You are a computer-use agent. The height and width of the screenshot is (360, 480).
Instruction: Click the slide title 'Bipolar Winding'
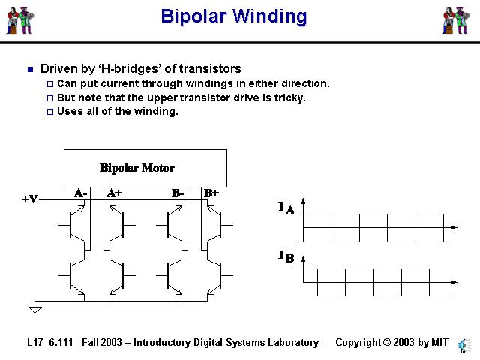[x=233, y=16]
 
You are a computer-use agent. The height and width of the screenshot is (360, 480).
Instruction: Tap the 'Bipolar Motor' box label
[x=137, y=167]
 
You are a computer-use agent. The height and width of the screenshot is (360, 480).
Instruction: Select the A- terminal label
[x=81, y=193]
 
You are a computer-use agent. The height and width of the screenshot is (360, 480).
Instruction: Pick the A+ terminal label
[x=114, y=193]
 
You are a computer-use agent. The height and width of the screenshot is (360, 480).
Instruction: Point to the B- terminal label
[x=178, y=193]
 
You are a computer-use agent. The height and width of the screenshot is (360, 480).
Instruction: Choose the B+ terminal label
[x=211, y=193]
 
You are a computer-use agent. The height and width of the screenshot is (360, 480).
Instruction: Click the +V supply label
[x=29, y=199]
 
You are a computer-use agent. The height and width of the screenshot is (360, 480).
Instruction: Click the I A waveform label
[x=286, y=208]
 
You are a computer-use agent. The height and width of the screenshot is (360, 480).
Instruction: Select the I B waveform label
[x=286, y=257]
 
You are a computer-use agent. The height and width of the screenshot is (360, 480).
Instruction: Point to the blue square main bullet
[x=30, y=70]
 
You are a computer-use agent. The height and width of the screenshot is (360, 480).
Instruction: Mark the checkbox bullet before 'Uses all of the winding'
[x=51, y=112]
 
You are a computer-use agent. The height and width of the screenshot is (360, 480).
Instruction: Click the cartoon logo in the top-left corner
[x=21, y=20]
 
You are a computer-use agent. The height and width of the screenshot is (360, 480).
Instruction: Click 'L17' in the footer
[x=34, y=343]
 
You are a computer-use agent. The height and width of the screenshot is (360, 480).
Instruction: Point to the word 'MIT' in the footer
[x=439, y=343]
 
